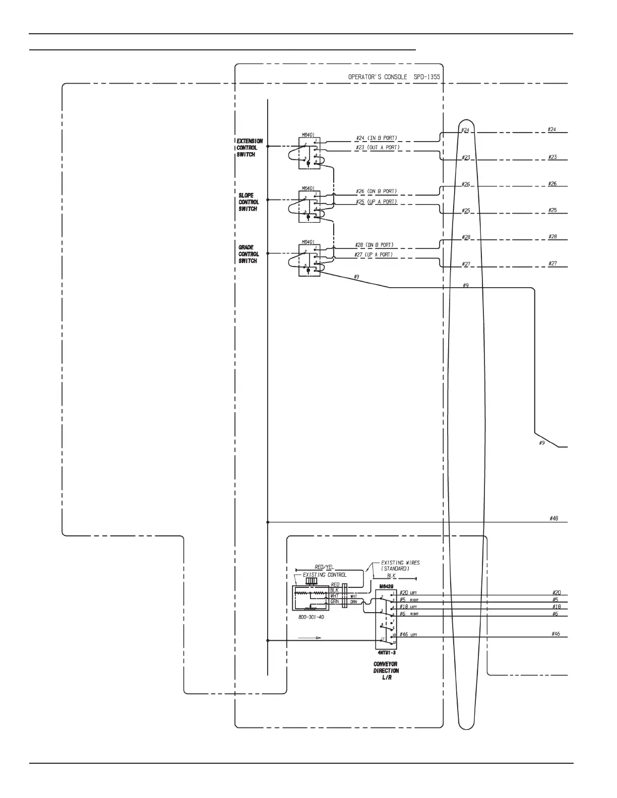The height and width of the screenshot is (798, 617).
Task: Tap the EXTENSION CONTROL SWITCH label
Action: coord(249,148)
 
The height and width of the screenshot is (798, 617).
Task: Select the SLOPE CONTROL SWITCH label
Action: coord(249,202)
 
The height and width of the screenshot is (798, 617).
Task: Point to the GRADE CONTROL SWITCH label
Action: coord(249,254)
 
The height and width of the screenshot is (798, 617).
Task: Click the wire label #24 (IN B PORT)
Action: coord(376,138)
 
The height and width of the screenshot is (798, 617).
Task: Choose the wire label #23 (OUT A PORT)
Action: coord(377,148)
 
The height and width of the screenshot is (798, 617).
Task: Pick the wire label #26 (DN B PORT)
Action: coord(376,191)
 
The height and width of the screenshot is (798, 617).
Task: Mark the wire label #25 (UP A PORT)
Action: coord(376,202)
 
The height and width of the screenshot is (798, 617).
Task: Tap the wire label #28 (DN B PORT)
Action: coord(374,245)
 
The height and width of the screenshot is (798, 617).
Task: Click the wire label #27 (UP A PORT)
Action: coord(374,255)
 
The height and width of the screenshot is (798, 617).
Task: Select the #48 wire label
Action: coord(553,518)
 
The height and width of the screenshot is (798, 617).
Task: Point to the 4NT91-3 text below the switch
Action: coord(386,653)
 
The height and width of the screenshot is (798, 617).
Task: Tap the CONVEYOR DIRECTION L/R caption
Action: coord(386,671)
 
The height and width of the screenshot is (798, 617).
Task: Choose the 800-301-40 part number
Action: coord(312,617)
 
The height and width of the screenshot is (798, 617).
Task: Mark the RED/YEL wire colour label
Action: coord(324,567)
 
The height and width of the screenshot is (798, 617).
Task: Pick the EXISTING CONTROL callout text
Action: coord(324,575)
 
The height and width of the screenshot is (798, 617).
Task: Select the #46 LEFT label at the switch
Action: coord(408,634)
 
